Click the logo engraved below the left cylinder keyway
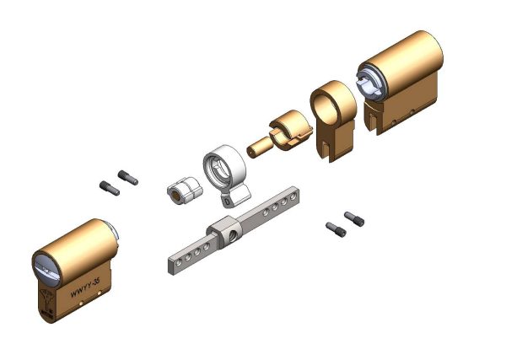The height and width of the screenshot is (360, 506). (x=46, y=298)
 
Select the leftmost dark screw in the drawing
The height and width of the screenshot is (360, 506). (x=110, y=188)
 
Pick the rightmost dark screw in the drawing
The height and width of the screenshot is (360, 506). (x=354, y=218)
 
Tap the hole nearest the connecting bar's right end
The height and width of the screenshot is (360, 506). (x=293, y=196)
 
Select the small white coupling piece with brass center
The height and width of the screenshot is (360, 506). (x=185, y=190)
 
